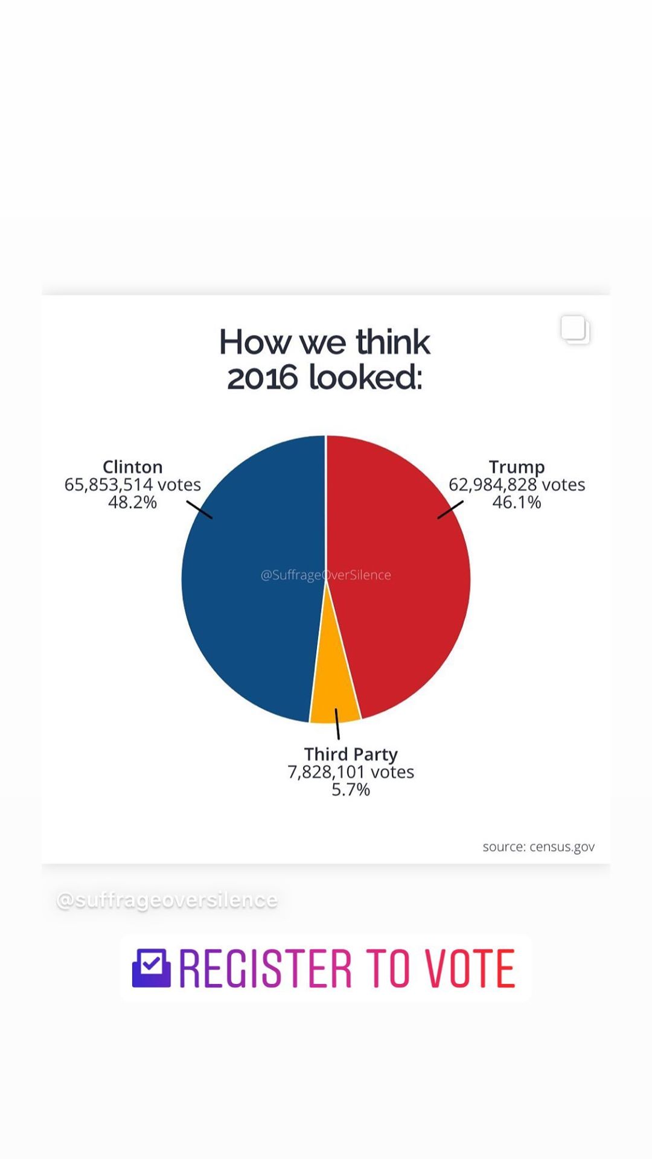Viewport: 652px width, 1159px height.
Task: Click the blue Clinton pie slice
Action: [248, 579]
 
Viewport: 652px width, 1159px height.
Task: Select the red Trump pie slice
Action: [404, 579]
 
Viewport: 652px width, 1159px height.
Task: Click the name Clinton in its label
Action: [133, 467]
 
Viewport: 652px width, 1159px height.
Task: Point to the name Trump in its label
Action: [517, 467]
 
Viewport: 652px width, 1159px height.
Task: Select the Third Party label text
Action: [351, 754]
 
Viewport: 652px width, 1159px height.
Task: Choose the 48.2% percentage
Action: [133, 502]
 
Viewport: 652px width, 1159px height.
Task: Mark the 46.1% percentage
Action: [517, 502]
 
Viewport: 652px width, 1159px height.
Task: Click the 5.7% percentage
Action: [351, 790]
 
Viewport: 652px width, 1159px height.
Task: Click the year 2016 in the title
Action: [263, 378]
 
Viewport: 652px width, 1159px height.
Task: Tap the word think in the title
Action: [393, 342]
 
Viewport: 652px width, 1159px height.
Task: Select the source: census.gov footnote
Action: [539, 847]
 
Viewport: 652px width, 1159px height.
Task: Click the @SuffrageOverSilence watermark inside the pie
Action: [326, 575]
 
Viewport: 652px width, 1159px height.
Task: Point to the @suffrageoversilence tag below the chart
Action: [167, 900]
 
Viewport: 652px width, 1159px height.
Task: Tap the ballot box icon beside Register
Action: [152, 968]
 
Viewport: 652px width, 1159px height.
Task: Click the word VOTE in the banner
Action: [470, 968]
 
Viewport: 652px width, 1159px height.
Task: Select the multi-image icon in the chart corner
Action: [575, 330]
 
